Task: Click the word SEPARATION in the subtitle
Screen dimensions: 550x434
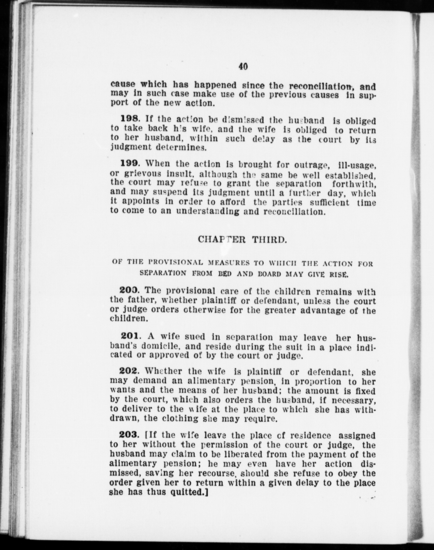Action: pos(163,273)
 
